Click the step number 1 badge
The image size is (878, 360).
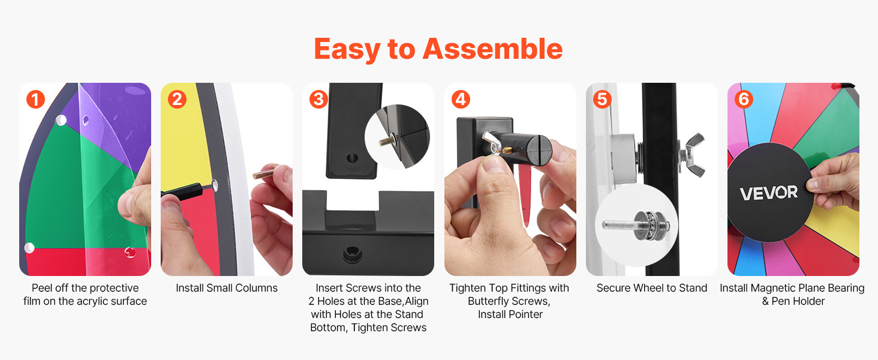point(35,100)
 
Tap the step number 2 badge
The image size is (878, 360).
point(177,100)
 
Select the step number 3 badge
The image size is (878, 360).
point(318,100)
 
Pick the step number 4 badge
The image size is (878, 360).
point(461,100)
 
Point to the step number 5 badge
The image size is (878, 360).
point(603,100)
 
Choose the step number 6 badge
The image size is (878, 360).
point(744,100)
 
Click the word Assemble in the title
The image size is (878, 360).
point(493,49)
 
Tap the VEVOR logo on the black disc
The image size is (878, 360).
point(769,193)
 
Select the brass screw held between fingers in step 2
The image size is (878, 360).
point(265,172)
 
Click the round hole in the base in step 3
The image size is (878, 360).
point(353,255)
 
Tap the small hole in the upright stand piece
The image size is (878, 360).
point(352,158)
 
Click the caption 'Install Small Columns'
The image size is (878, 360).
point(227,288)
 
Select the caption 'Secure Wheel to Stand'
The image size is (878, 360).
point(652,288)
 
